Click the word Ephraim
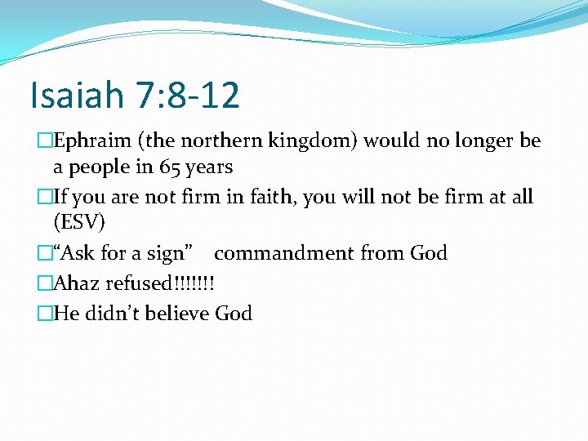point(88,141)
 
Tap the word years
point(210,167)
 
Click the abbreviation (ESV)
point(79,223)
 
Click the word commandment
point(296,253)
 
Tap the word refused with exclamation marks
point(157,283)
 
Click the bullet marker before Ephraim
point(45,141)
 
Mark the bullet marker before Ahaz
point(45,283)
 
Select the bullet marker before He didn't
point(45,313)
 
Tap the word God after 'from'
point(429,253)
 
